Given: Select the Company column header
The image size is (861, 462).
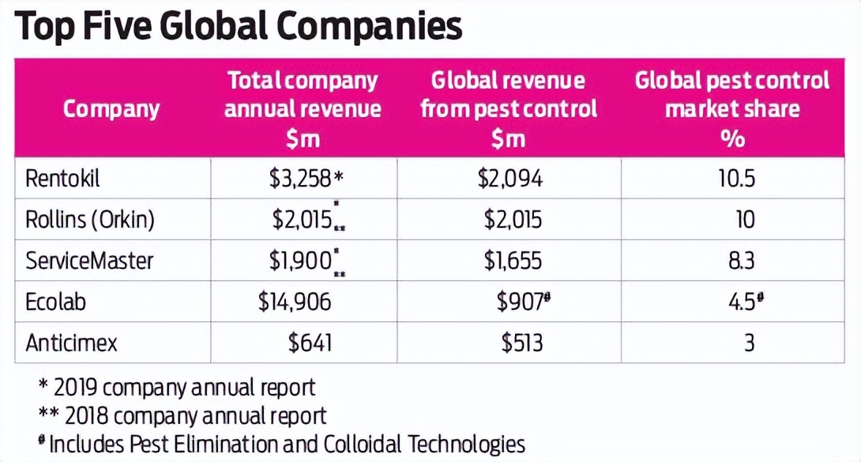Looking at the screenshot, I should (111, 109).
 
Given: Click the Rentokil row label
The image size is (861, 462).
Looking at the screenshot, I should (63, 179).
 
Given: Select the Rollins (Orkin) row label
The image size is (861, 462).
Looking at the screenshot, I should (90, 220).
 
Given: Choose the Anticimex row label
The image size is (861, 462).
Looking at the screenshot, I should (72, 343).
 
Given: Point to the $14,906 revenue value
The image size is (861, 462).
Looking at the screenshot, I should (295, 301).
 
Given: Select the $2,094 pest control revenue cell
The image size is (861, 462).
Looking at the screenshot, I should (509, 179).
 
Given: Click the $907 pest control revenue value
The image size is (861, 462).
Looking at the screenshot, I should (522, 301).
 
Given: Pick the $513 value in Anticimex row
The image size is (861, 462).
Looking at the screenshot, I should (522, 343).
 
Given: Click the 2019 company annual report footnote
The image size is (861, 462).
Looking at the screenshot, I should (177, 388).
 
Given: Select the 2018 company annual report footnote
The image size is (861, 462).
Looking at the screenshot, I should (182, 415).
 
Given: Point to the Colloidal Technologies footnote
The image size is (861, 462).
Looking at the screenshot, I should (282, 443).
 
